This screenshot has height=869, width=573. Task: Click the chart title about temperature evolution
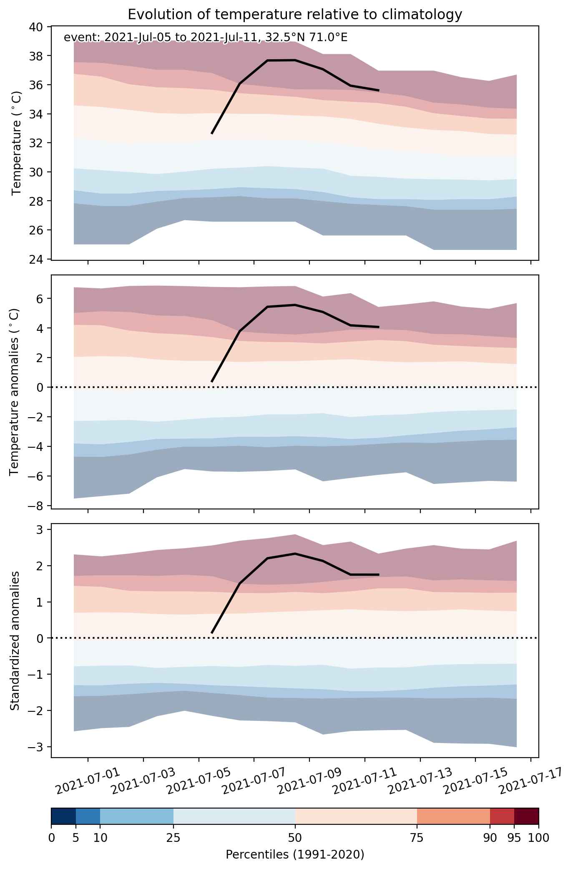click(x=295, y=15)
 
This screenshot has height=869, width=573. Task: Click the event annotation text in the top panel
click(x=206, y=38)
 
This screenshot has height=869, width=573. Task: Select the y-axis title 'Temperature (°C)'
click(x=17, y=143)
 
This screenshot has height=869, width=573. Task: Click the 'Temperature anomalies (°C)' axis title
click(x=14, y=392)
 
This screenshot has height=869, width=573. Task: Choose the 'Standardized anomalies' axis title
click(x=15, y=640)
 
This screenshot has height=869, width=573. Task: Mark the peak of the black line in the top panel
click(x=295, y=60)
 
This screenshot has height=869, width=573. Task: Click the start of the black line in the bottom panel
click(x=212, y=633)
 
